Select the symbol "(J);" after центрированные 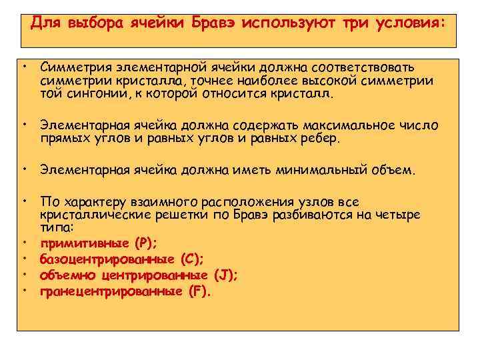tap(226, 275)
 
